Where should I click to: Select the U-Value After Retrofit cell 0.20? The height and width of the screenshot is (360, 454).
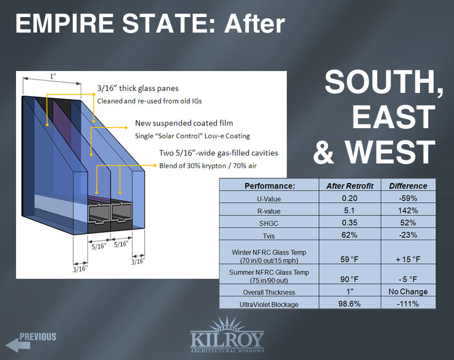(349, 198)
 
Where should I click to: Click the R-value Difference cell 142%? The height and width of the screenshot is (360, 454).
(408, 210)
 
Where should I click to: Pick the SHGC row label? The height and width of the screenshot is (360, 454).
(269, 223)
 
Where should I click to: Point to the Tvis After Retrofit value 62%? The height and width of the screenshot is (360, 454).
(349, 235)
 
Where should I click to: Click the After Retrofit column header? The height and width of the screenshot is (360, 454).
(350, 186)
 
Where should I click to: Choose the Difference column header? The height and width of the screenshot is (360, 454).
(408, 186)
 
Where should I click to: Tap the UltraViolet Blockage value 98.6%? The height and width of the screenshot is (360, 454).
(349, 304)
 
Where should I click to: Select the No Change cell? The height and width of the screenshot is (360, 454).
(408, 291)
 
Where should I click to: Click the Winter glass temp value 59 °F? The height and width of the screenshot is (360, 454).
(349, 259)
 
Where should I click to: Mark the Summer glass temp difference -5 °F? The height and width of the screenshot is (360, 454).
(408, 279)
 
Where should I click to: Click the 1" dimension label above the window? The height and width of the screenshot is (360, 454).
(53, 76)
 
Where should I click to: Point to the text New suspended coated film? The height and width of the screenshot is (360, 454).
(184, 123)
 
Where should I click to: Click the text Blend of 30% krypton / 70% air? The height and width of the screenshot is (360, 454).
(208, 166)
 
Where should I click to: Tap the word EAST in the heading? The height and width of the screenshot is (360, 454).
(394, 117)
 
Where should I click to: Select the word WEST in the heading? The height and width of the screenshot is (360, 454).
(390, 152)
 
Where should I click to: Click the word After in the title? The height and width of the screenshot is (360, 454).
(254, 24)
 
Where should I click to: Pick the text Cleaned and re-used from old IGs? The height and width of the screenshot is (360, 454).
(150, 101)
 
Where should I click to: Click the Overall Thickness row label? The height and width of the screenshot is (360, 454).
(269, 292)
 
